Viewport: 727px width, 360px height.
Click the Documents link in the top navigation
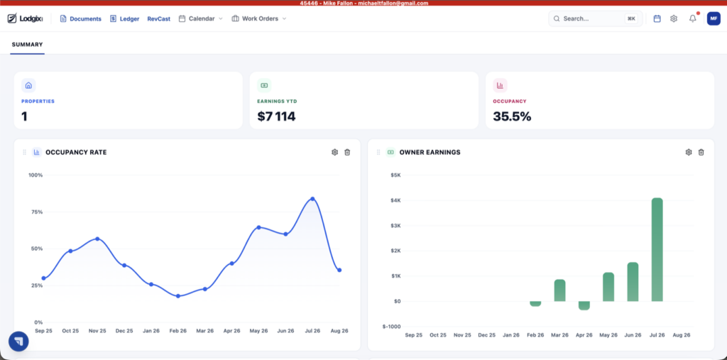81,19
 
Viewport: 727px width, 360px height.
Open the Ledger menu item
125,19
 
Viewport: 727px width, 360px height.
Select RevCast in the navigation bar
158,19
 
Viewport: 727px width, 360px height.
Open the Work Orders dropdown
258,19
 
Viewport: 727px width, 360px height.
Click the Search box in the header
596,18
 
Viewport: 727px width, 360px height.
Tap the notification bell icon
693,18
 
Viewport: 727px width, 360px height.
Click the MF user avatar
714,18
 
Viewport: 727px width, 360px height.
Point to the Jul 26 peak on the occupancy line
312,199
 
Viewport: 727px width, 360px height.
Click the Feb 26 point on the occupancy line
178,296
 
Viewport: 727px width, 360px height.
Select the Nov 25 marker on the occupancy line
97,239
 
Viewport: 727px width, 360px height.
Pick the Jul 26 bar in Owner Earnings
657,250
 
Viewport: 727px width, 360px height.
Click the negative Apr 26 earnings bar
584,306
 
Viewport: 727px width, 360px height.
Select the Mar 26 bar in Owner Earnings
559,290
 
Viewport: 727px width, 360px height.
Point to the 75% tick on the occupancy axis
35,212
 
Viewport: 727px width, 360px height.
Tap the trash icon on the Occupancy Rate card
347,152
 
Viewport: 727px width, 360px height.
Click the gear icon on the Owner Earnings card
689,152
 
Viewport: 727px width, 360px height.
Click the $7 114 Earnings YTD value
276,116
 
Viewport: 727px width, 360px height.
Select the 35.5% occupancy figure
512,116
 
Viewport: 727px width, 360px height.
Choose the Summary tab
28,45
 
